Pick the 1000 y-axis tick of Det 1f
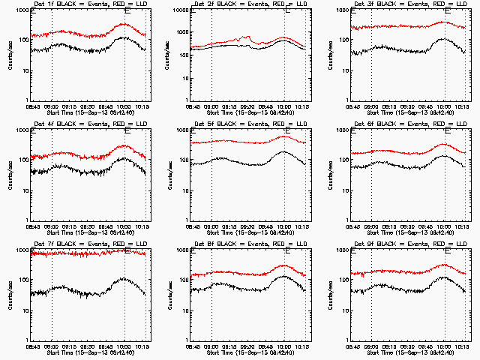point(21,11)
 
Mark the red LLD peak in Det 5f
point(284,136)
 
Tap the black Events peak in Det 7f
point(123,278)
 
